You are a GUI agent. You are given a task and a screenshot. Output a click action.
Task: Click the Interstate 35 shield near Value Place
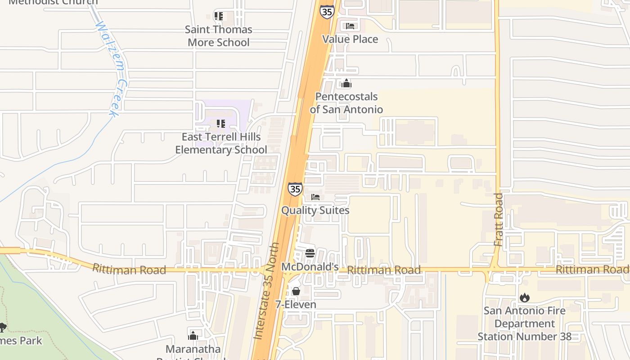click(327, 12)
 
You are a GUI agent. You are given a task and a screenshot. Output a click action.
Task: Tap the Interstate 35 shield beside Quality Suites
click(295, 189)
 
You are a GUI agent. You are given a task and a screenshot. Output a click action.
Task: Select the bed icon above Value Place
click(350, 26)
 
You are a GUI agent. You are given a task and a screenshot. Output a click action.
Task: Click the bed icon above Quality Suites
click(315, 197)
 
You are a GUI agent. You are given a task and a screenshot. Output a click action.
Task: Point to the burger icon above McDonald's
click(310, 253)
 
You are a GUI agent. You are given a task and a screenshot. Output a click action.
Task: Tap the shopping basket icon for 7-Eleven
click(296, 291)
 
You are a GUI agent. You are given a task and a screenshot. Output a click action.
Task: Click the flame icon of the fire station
click(524, 297)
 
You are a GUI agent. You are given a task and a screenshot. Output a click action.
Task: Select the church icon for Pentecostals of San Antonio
click(346, 83)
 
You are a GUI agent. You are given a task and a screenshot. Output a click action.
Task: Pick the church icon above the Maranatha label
click(193, 336)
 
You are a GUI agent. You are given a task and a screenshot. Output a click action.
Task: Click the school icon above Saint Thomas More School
click(219, 16)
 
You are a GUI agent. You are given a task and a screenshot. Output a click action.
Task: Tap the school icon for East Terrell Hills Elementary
click(220, 123)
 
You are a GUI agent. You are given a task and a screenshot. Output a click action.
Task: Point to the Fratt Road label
click(498, 220)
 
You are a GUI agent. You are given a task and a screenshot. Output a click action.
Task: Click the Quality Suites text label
click(315, 210)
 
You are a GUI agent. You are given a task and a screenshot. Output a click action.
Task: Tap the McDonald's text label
click(310, 267)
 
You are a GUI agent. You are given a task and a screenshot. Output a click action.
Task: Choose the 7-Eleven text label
click(296, 305)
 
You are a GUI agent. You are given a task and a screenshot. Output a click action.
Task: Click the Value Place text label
click(350, 39)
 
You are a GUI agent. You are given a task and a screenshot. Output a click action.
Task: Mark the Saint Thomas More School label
click(219, 36)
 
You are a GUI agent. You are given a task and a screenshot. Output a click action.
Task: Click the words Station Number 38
click(524, 337)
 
